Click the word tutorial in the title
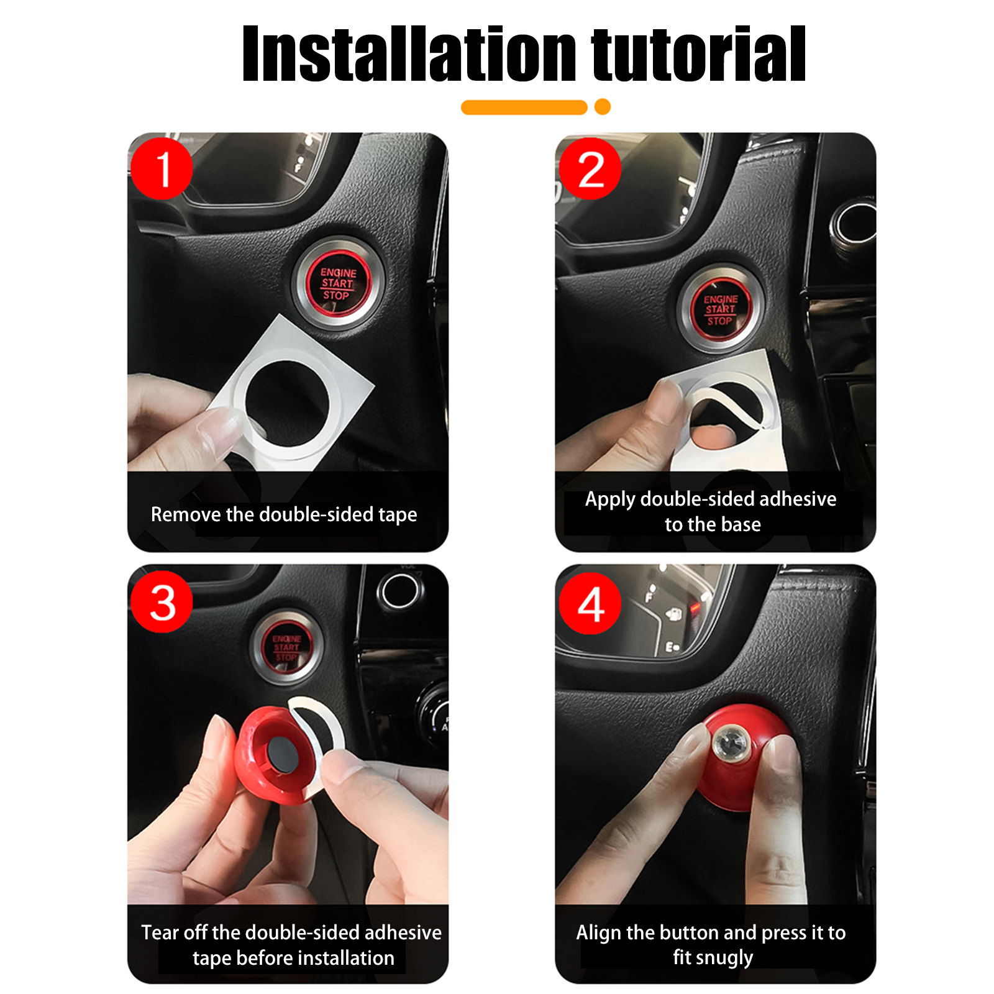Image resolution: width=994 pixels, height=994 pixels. click(698, 54)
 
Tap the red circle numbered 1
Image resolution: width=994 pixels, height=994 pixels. click(162, 168)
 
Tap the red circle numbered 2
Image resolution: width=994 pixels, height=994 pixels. click(590, 168)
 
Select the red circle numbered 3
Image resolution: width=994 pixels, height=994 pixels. click(162, 602)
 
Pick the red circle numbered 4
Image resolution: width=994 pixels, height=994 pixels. click(590, 603)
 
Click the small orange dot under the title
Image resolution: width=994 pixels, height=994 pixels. click(603, 107)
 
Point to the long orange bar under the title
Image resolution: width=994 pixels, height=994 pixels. click(524, 107)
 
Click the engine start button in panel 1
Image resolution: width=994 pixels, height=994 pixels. click(339, 283)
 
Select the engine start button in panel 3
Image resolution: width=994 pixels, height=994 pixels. click(286, 647)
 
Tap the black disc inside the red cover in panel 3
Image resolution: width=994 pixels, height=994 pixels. click(283, 754)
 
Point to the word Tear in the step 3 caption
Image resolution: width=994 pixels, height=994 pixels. click(160, 932)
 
